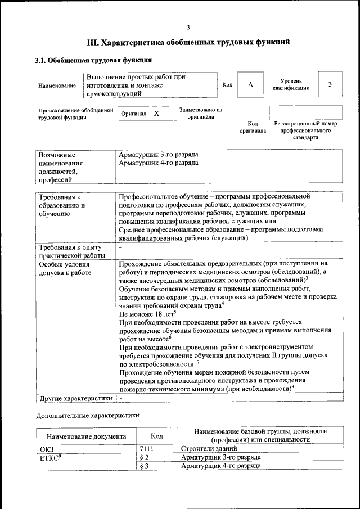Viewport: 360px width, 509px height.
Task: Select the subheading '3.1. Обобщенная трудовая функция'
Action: (94, 60)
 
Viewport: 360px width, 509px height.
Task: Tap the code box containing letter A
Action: (250, 84)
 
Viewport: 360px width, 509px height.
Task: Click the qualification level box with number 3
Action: (330, 84)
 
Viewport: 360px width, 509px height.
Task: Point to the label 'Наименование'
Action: (57, 85)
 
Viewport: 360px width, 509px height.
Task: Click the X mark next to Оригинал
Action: (156, 114)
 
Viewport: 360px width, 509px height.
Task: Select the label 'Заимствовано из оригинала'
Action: (201, 114)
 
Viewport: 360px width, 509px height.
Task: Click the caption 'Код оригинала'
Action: (253, 127)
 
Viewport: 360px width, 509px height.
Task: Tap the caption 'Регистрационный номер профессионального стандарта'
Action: (305, 130)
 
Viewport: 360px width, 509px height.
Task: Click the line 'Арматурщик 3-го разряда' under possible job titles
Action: (159, 155)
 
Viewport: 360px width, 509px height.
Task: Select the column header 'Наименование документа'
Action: (87, 436)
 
